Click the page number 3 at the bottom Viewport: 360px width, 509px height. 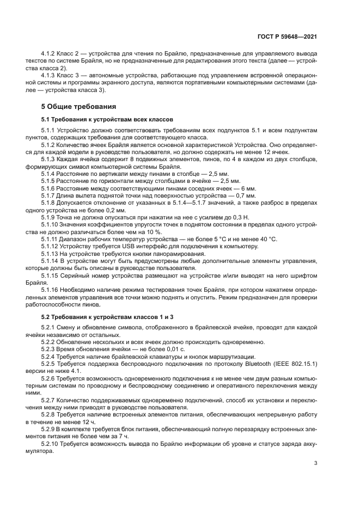[315, 464]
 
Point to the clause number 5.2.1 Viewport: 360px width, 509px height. [48, 326]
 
